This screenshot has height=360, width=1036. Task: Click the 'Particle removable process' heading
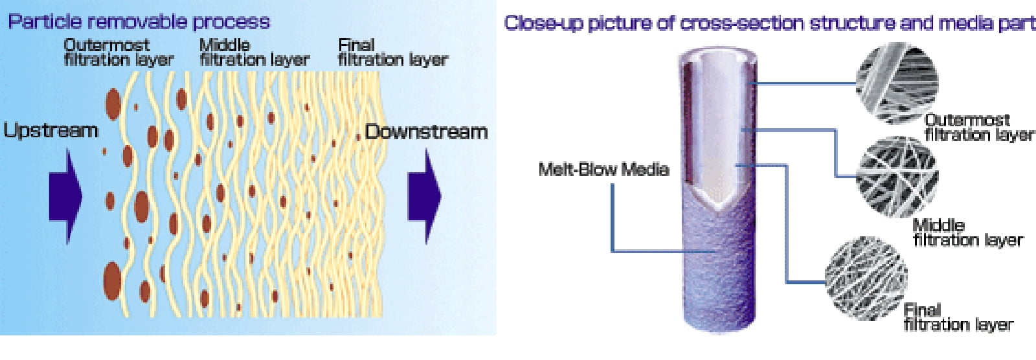pyautogui.click(x=139, y=22)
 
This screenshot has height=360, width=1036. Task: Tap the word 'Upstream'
pyautogui.click(x=51, y=131)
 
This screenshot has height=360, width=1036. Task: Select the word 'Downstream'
pyautogui.click(x=427, y=132)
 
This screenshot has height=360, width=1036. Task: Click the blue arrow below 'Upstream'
pyautogui.click(x=65, y=196)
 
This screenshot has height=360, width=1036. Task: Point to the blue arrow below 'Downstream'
pyautogui.click(x=424, y=196)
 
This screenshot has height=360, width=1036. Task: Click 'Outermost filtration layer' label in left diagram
pyautogui.click(x=118, y=52)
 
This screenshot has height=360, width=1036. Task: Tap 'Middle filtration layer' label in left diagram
pyautogui.click(x=254, y=52)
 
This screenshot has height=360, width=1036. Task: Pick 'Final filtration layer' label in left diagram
pyautogui.click(x=393, y=52)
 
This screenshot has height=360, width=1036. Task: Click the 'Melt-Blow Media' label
pyautogui.click(x=603, y=170)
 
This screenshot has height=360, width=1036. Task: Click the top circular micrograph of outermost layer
pyautogui.click(x=897, y=84)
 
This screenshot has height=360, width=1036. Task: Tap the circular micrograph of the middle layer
pyautogui.click(x=897, y=177)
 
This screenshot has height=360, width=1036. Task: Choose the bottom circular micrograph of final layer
pyautogui.click(x=866, y=278)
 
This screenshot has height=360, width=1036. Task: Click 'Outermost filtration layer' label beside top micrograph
pyautogui.click(x=978, y=128)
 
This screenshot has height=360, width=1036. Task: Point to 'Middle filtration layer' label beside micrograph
pyautogui.click(x=967, y=232)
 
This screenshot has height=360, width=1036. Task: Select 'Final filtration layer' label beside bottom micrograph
pyautogui.click(x=958, y=317)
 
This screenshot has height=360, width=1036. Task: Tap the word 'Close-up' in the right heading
pyautogui.click(x=543, y=23)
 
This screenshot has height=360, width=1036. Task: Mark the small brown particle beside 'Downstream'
pyautogui.click(x=358, y=137)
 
